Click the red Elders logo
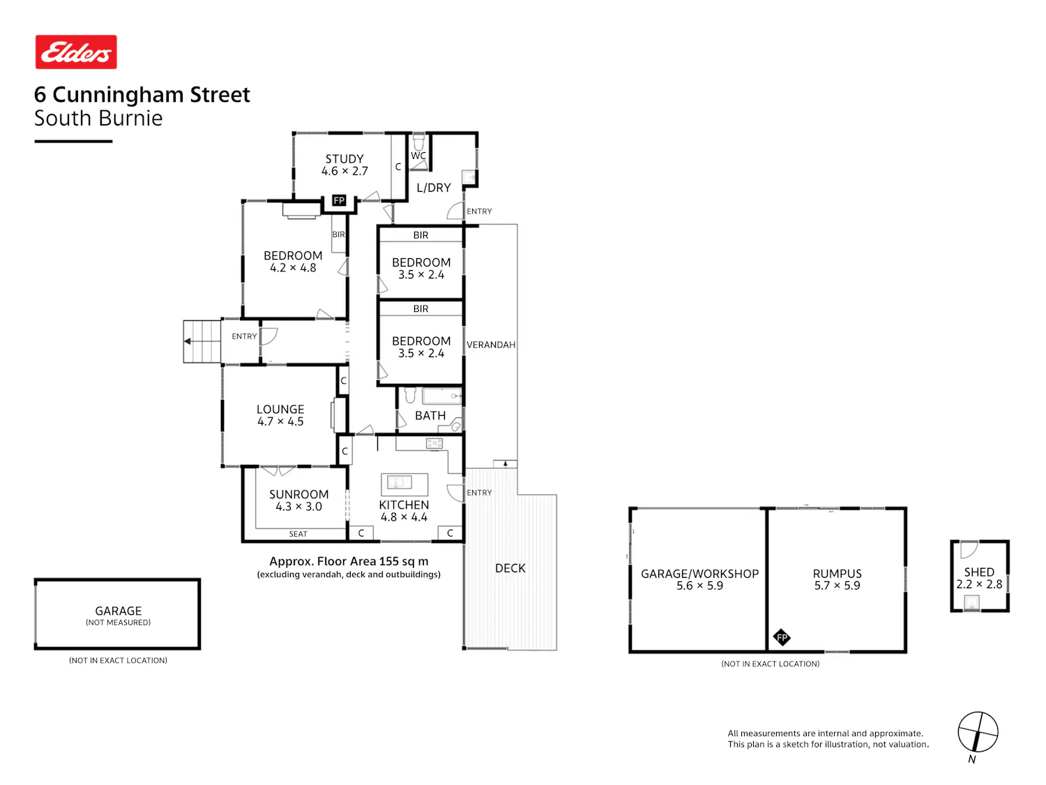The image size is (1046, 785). pyautogui.click(x=76, y=52)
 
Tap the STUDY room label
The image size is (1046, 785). pyautogui.click(x=344, y=158)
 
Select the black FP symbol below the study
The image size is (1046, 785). pyautogui.click(x=339, y=200)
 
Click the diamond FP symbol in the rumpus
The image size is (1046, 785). pyautogui.click(x=782, y=637)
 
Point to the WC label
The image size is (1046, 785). pyautogui.click(x=418, y=156)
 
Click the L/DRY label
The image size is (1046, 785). pyautogui.click(x=433, y=188)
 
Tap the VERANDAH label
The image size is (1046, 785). pyautogui.click(x=491, y=345)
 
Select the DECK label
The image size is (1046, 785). pyautogui.click(x=510, y=568)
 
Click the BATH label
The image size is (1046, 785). pyautogui.click(x=430, y=416)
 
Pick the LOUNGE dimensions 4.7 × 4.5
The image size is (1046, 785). pyautogui.click(x=280, y=421)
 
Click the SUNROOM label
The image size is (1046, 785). pyautogui.click(x=298, y=494)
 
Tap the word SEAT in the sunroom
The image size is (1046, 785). pyautogui.click(x=298, y=534)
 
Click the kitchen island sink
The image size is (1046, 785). pyautogui.click(x=399, y=482)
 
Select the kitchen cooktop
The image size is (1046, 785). pyautogui.click(x=434, y=444)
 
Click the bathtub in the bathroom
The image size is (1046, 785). pyautogui.click(x=441, y=396)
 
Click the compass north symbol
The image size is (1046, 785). pyautogui.click(x=978, y=732)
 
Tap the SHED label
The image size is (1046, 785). pyautogui.click(x=979, y=572)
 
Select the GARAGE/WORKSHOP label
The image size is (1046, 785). pyautogui.click(x=699, y=574)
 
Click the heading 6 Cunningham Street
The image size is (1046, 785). pyautogui.click(x=142, y=94)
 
